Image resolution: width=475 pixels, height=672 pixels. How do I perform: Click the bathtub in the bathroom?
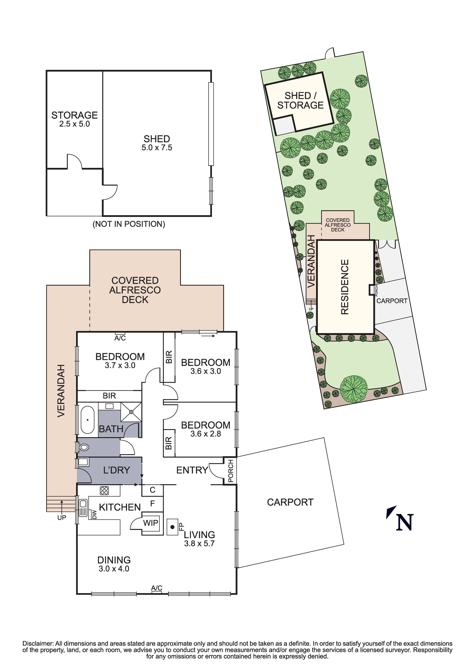pos(87,420)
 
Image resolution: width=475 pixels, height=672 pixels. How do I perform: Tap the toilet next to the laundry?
pos(84,447)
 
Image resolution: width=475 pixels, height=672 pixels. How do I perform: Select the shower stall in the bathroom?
pos(131,412)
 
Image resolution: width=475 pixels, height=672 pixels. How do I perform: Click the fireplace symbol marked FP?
pos(173,527)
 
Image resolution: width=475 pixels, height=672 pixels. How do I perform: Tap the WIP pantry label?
pos(150,523)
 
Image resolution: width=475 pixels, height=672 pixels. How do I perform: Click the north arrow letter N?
pos(404,522)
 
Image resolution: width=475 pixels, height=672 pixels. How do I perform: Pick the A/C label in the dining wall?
pos(157,588)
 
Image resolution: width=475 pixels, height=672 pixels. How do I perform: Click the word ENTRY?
pos(192,470)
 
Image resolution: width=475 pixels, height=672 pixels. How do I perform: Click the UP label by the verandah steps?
pos(62,518)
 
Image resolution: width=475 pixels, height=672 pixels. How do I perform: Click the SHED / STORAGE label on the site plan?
pos(300,100)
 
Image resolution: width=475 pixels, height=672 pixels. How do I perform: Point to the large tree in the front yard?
pos(353,389)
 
